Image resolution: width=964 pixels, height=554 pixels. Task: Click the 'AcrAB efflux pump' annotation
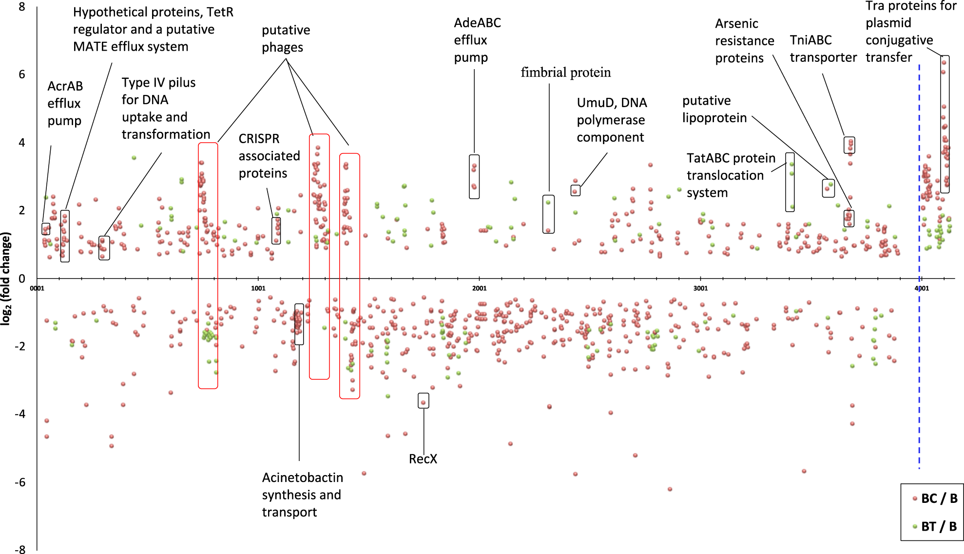[x=65, y=104]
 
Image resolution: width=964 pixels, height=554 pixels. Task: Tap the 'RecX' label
[x=423, y=459]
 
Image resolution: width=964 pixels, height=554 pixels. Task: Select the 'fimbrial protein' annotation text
[x=565, y=73]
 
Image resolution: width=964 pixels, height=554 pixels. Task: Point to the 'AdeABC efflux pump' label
[x=477, y=40]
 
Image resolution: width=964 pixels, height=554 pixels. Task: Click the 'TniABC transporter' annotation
[x=823, y=49]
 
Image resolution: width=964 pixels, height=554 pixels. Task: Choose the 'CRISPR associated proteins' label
[x=269, y=156]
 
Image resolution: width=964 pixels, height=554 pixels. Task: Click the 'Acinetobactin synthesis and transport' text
[x=302, y=495]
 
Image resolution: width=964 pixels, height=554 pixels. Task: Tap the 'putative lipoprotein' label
[x=714, y=110]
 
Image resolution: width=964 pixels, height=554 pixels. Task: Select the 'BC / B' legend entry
[x=939, y=499]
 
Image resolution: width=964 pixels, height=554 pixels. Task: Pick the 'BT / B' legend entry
[x=939, y=526]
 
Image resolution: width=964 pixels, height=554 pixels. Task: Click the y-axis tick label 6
[x=22, y=74]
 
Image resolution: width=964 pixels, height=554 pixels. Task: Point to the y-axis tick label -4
[x=20, y=414]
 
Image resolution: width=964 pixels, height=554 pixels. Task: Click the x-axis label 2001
[x=479, y=288]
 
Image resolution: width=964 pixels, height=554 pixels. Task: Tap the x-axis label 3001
[x=700, y=288]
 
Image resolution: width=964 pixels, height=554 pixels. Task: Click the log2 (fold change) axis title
[x=6, y=278]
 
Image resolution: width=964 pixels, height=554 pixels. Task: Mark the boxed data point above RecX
[x=423, y=402]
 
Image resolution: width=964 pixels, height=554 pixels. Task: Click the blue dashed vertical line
[x=919, y=341]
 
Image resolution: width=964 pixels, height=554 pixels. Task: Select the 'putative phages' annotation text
[x=286, y=39]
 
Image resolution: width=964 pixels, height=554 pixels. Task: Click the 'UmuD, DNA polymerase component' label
[x=612, y=120]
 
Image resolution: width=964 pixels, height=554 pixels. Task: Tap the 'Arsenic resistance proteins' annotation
[x=744, y=41]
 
